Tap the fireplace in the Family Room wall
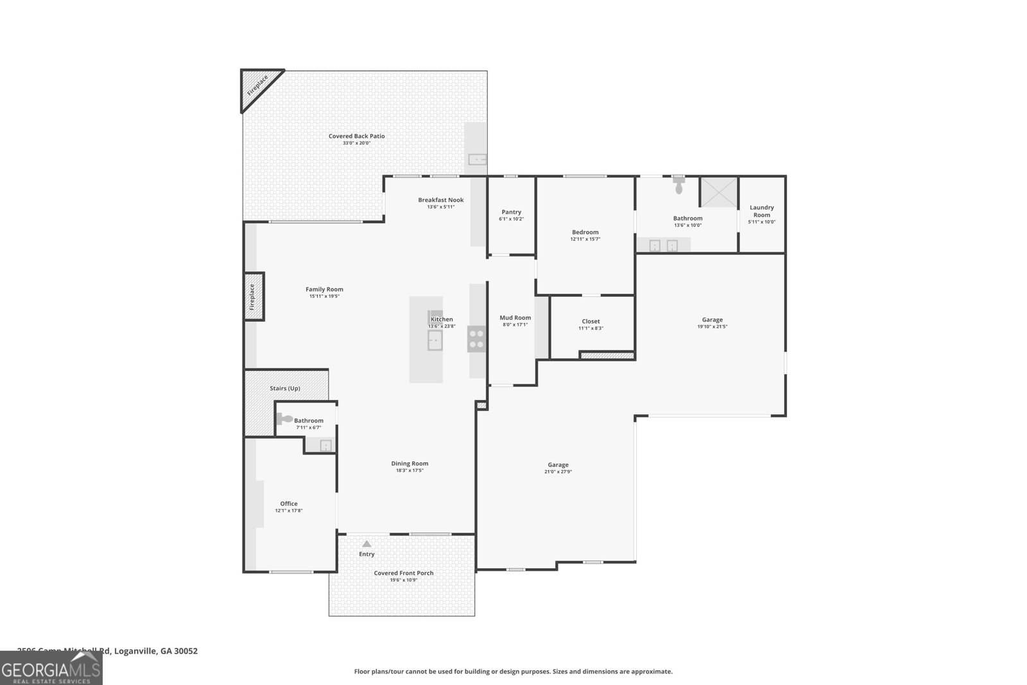(253, 296)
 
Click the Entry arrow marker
(367, 544)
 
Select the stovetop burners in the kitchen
(476, 338)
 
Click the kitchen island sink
(435, 340)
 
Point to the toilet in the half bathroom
(284, 419)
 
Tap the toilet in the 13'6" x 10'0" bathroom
(679, 186)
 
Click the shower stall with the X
(718, 191)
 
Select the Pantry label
(512, 212)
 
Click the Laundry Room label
(762, 211)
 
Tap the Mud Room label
(515, 318)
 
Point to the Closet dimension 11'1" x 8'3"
(591, 328)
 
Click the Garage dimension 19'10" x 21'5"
(712, 326)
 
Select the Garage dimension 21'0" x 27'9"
(558, 472)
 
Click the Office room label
(289, 503)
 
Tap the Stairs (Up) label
(285, 388)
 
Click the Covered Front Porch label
(404, 573)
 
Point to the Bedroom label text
(585, 232)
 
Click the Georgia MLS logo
(51, 668)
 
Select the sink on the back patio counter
(477, 159)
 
